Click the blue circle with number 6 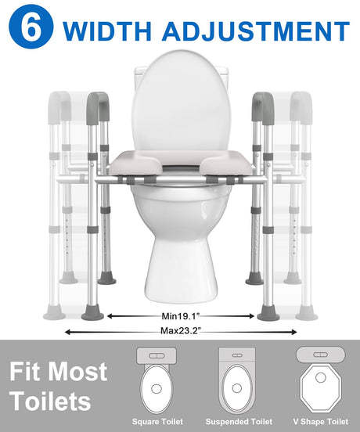click(x=31, y=27)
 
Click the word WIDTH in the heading click(x=107, y=31)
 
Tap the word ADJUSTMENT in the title click(x=256, y=31)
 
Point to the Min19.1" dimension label click(x=180, y=316)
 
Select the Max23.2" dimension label click(x=181, y=330)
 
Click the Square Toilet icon click(x=157, y=380)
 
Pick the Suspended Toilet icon click(x=237, y=380)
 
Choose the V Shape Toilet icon click(x=320, y=380)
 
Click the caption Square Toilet click(x=157, y=422)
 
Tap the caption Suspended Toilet click(x=239, y=422)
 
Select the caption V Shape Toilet click(x=321, y=422)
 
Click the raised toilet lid click(x=181, y=100)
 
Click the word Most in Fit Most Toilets click(x=79, y=371)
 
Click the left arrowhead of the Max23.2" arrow click(x=67, y=333)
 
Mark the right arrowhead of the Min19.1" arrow click(x=252, y=316)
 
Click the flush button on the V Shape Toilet click(x=321, y=355)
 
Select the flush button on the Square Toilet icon click(x=157, y=355)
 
